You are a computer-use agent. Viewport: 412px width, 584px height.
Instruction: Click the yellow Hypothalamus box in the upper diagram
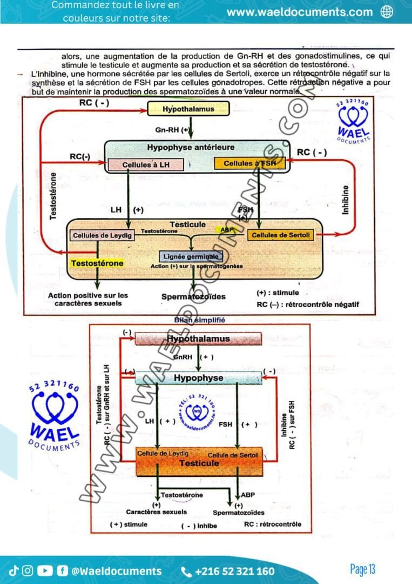[x=188, y=109]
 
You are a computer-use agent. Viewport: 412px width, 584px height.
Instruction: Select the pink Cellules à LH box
[x=146, y=164]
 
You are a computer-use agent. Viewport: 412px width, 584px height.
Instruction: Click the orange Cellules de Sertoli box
[x=282, y=235]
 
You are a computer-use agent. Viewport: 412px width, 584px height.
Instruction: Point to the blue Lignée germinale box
[x=189, y=257]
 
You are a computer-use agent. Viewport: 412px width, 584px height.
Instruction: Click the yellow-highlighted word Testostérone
[x=97, y=263]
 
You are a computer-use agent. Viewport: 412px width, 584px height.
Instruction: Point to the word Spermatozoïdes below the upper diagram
[x=193, y=296]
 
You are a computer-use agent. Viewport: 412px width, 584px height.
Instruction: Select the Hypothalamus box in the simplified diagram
[x=198, y=339]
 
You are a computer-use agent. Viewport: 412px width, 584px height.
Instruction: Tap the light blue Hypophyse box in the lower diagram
[x=198, y=378]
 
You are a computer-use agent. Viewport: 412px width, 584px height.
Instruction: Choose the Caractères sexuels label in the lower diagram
[x=157, y=512]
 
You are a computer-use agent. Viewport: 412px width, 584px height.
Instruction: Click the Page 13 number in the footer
[x=362, y=569]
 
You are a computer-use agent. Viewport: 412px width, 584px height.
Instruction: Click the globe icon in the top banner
[x=387, y=12]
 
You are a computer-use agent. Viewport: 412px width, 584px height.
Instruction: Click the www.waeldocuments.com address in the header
[x=299, y=12]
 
